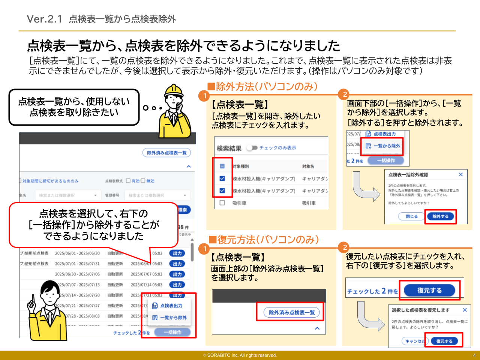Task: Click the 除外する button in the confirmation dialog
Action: [440, 216]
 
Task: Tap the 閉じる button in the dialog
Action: [411, 216]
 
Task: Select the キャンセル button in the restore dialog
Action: [414, 341]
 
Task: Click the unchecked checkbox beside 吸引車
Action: [222, 203]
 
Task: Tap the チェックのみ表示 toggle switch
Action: [252, 148]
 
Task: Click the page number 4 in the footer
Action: [474, 355]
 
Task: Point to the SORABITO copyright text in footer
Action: [240, 355]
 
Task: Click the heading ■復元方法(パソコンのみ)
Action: [264, 240]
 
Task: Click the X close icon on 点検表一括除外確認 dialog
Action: [460, 175]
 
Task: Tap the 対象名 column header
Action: [308, 166]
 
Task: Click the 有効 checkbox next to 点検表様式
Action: [128, 181]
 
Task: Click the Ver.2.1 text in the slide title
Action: [44, 19]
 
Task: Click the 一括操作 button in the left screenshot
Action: [172, 332]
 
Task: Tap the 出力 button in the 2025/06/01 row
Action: [177, 253]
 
